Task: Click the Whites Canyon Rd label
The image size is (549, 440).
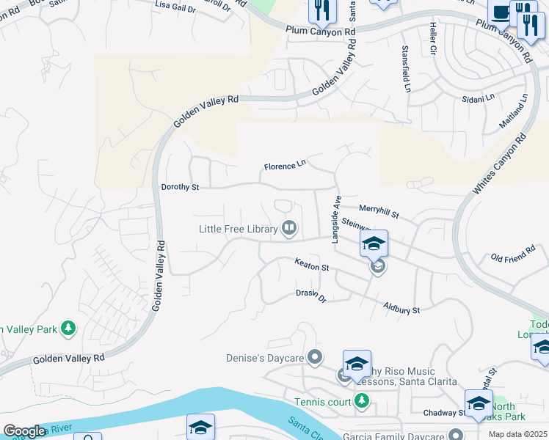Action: [500, 164]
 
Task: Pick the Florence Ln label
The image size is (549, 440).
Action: [284, 166]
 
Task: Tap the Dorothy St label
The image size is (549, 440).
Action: [180, 188]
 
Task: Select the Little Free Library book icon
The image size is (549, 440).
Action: [289, 229]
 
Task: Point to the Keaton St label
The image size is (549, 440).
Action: [311, 264]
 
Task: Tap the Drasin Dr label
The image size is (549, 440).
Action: [310, 295]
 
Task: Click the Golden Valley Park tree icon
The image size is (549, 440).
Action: [68, 329]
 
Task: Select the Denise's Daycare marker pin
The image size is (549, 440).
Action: [315, 357]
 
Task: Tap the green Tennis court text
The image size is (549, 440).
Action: [323, 401]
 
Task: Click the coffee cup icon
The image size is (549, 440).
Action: [501, 12]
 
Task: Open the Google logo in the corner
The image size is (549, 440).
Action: [24, 431]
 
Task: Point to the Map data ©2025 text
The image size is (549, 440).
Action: [517, 434]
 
